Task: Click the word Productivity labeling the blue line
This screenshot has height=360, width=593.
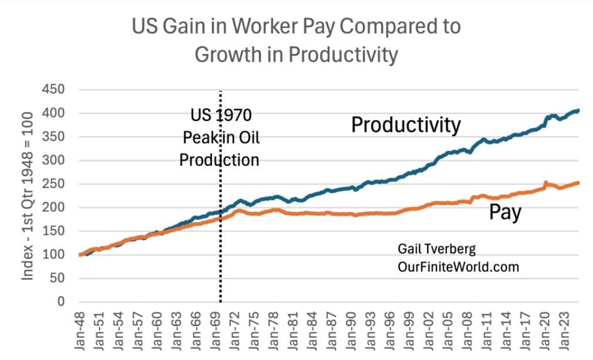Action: pyautogui.click(x=406, y=125)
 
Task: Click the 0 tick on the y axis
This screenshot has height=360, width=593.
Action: pyautogui.click(x=60, y=302)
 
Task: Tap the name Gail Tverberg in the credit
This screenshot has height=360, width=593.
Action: pyautogui.click(x=436, y=249)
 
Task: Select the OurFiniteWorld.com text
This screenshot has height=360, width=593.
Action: pyautogui.click(x=458, y=267)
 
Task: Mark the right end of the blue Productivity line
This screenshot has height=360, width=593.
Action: pyautogui.click(x=577, y=111)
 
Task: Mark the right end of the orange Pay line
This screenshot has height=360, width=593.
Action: pyautogui.click(x=577, y=183)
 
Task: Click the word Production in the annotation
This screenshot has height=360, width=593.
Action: pyautogui.click(x=219, y=159)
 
